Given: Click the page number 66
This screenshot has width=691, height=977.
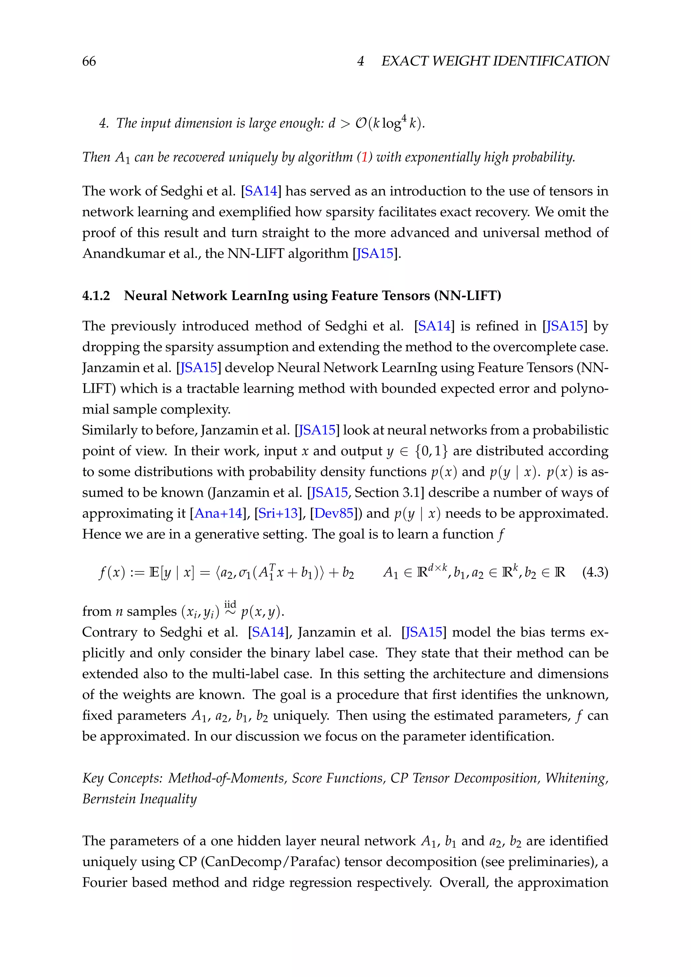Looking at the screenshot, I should point(89,61).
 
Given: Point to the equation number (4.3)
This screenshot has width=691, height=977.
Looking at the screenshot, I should point(595,572).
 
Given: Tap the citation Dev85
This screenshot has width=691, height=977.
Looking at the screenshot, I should point(334,513).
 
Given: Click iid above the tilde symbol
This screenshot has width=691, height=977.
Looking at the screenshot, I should point(230,604).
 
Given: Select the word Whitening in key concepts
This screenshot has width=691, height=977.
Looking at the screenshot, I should point(576,778).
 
